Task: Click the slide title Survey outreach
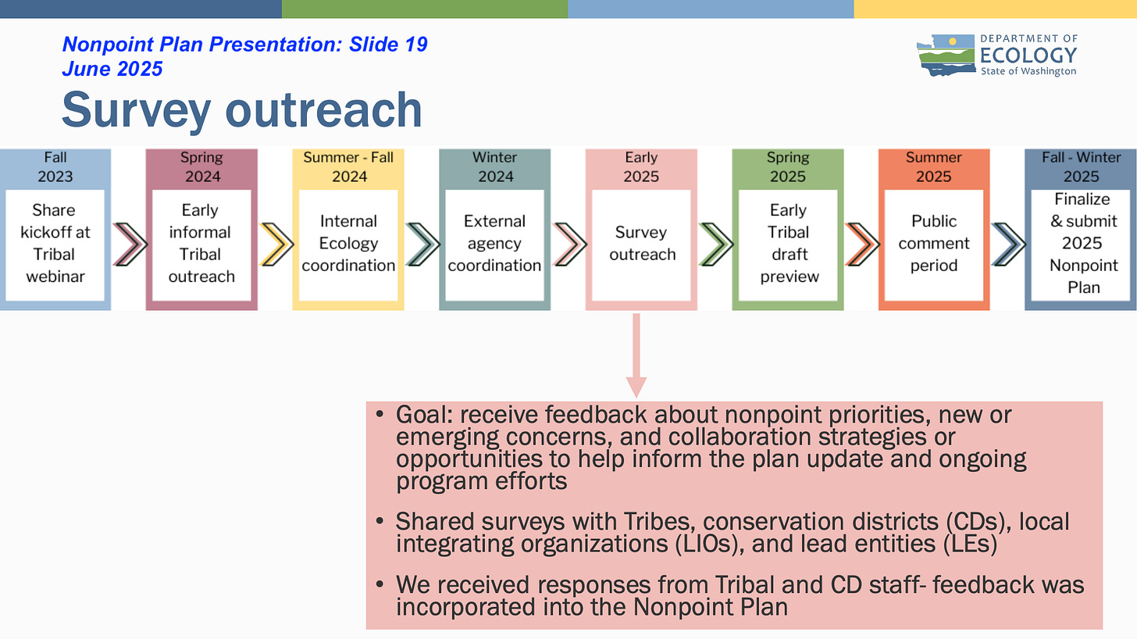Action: (241, 109)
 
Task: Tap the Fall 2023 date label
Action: (55, 166)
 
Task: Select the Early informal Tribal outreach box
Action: (201, 244)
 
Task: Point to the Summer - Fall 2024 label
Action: (348, 166)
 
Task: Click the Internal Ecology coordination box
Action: (348, 244)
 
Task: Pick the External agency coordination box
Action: (494, 244)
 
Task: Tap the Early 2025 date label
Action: (641, 166)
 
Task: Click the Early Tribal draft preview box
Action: (788, 244)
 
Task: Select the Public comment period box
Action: (934, 244)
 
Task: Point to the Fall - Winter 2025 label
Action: (1081, 166)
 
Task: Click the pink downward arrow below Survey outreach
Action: (636, 355)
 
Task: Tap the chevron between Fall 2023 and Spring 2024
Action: (129, 244)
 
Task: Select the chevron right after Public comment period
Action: (1008, 244)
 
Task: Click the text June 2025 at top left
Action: (112, 69)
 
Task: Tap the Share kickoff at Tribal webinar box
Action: (55, 244)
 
